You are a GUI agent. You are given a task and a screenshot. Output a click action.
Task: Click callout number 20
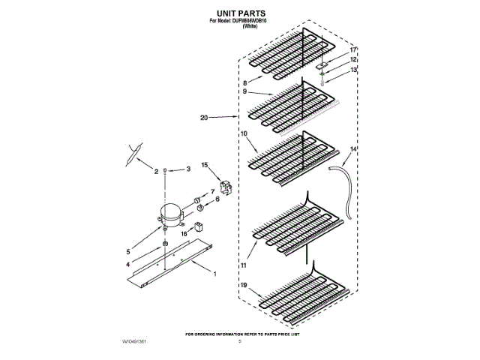pos(204,118)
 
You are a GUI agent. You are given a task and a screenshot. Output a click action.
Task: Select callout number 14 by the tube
pos(353,150)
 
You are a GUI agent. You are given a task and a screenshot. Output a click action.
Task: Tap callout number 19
pos(244,286)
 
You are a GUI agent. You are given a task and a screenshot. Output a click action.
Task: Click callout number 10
pos(243,133)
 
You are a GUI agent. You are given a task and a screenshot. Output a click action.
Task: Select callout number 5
pos(128,251)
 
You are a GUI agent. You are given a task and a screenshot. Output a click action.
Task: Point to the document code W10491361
pos(130,340)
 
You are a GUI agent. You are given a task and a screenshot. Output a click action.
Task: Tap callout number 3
pos(178,171)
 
